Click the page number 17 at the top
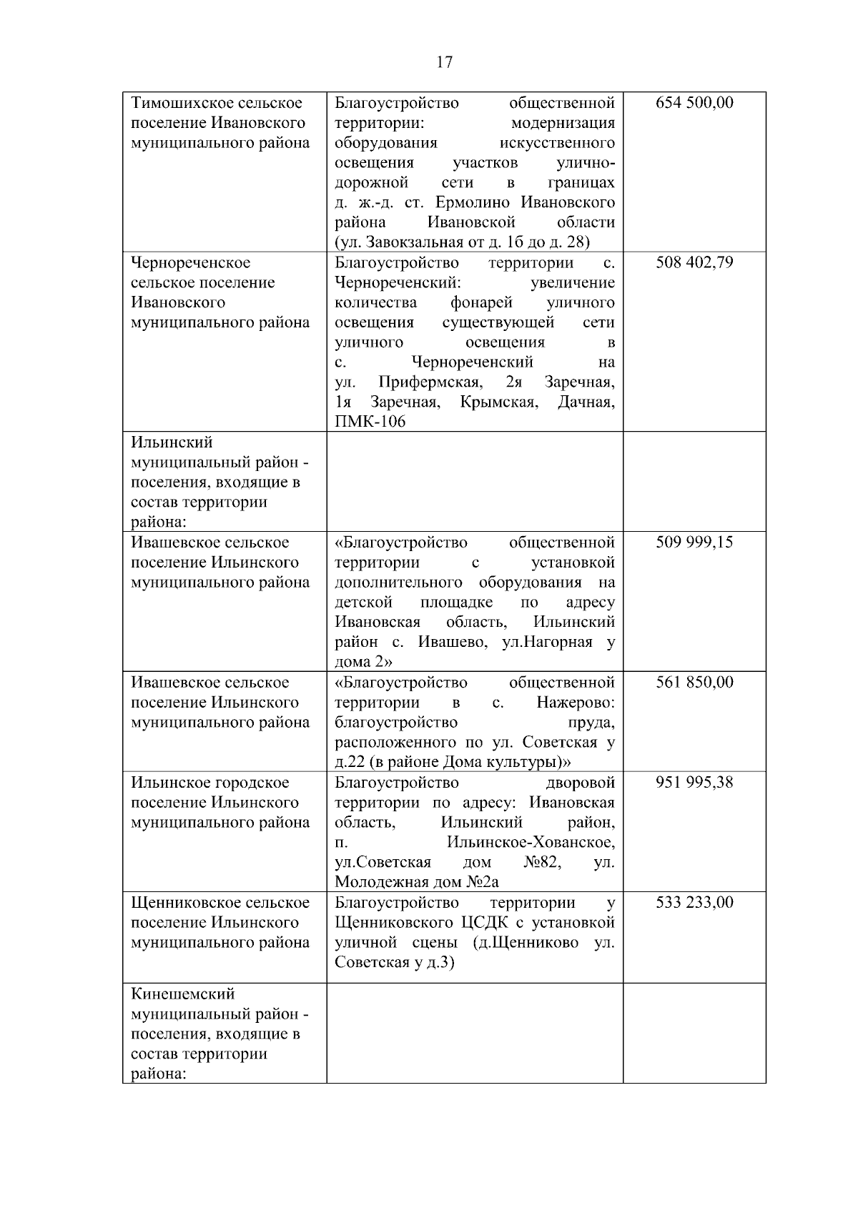[x=444, y=63]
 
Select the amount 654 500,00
[x=694, y=103]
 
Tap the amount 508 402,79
[x=694, y=263]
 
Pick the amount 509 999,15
[x=694, y=543]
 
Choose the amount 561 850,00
[x=694, y=683]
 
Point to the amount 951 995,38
[x=694, y=783]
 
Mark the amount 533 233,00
[x=694, y=903]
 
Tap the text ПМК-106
[x=370, y=422]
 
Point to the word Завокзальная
[x=415, y=243]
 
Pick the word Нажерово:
[x=575, y=703]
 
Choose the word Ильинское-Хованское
[x=530, y=843]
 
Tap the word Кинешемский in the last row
[x=183, y=994]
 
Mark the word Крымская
[x=498, y=402]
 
